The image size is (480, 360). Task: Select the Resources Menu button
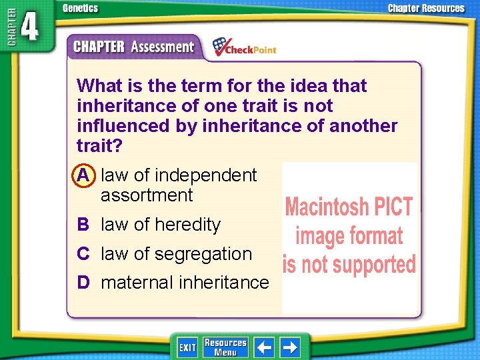(x=225, y=347)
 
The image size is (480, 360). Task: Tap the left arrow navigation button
(x=265, y=347)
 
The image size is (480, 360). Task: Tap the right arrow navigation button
(x=290, y=347)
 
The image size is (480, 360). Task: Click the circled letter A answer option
(x=83, y=175)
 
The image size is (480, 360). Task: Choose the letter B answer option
(x=83, y=225)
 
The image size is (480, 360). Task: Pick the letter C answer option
(x=83, y=254)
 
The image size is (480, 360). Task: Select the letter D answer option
(x=83, y=283)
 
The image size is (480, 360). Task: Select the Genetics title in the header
(x=80, y=9)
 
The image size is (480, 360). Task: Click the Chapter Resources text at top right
(x=426, y=9)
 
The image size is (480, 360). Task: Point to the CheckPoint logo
(x=244, y=47)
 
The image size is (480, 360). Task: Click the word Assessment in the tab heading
(x=163, y=47)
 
